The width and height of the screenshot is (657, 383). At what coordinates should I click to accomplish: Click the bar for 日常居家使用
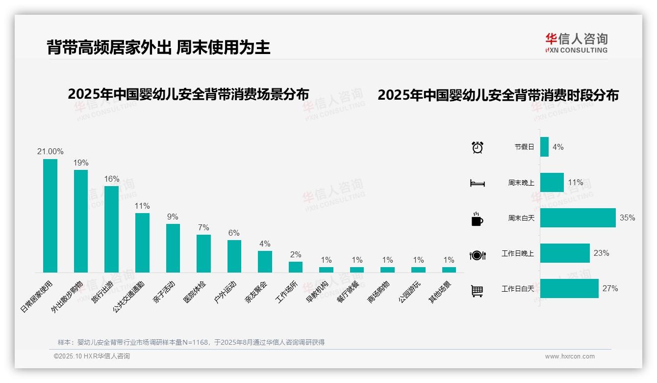tap(50, 216)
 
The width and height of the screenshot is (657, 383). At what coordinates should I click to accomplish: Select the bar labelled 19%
tap(81, 221)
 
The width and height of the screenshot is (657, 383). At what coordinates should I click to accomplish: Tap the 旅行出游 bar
tap(111, 229)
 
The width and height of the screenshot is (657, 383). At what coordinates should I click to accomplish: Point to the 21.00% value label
tap(50, 152)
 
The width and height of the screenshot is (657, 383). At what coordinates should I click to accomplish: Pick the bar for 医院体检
tap(203, 253)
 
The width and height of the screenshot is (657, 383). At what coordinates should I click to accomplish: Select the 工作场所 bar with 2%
tap(295, 267)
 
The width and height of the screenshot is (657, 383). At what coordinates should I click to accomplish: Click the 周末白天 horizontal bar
tap(578, 218)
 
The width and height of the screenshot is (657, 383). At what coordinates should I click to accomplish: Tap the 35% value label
tap(627, 218)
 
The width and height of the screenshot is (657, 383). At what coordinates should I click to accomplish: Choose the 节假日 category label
tap(524, 147)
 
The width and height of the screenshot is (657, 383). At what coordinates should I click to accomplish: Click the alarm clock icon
tap(477, 147)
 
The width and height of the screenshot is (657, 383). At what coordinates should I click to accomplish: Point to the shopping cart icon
tap(477, 291)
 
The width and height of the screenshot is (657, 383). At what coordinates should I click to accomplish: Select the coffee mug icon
tap(477, 219)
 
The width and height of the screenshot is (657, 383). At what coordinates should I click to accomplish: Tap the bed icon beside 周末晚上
tap(477, 183)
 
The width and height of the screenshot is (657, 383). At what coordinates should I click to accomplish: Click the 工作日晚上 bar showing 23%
tap(565, 253)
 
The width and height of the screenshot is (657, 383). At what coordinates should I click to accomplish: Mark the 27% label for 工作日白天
tap(610, 289)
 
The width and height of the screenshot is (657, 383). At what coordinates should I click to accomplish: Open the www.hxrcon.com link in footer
tap(569, 356)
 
